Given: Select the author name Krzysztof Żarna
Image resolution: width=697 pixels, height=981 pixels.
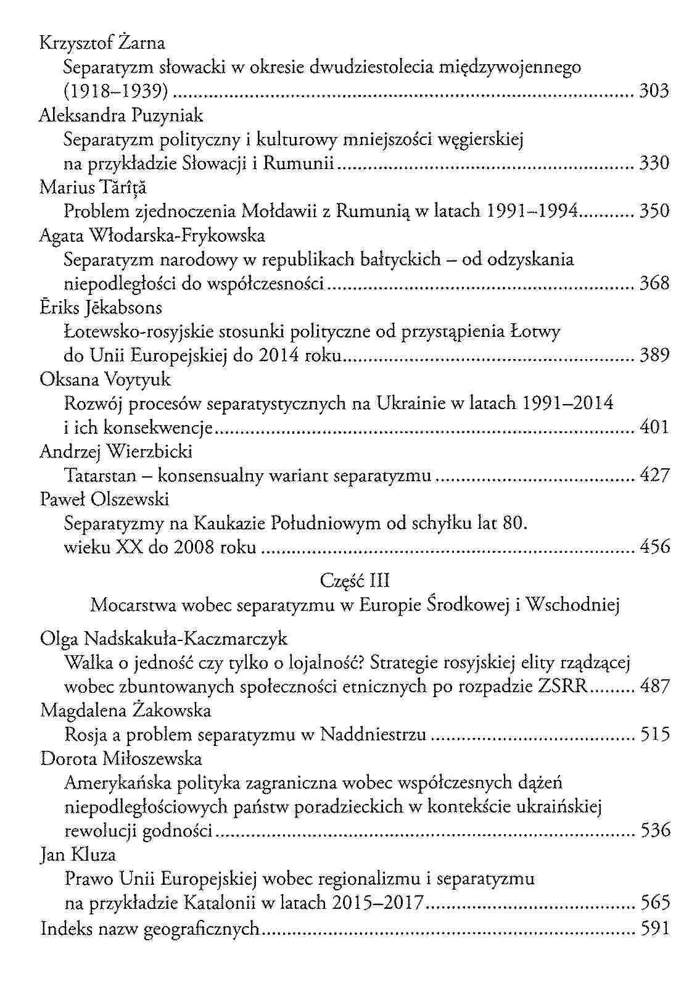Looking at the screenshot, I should tap(102, 43).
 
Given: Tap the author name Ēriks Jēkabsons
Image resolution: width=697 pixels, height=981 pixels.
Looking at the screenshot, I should tap(101, 308).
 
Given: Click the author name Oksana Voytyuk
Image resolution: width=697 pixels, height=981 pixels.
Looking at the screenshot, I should tap(105, 379).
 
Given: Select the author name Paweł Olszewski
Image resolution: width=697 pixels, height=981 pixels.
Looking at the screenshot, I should tap(104, 499).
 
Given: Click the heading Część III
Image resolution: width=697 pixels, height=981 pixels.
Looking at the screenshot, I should tap(355, 581).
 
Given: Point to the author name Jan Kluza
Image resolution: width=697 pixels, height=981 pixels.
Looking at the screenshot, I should tap(78, 855).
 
